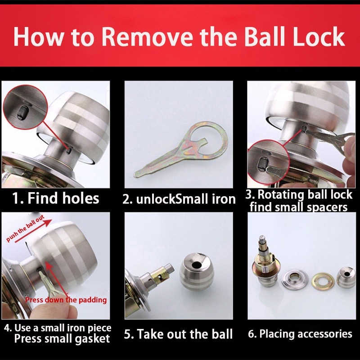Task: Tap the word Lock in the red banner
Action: (x=319, y=36)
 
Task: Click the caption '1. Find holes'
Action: (x=55, y=198)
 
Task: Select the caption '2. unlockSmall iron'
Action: (x=179, y=199)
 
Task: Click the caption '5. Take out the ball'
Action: (x=178, y=333)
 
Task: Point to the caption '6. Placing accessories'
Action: (x=300, y=333)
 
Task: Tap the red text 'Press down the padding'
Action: (x=66, y=300)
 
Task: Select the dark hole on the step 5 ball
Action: (x=197, y=265)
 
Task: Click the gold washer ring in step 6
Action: (x=323, y=280)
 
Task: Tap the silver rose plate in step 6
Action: (x=295, y=279)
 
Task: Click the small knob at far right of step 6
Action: (x=346, y=277)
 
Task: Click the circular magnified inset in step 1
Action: (x=25, y=107)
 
